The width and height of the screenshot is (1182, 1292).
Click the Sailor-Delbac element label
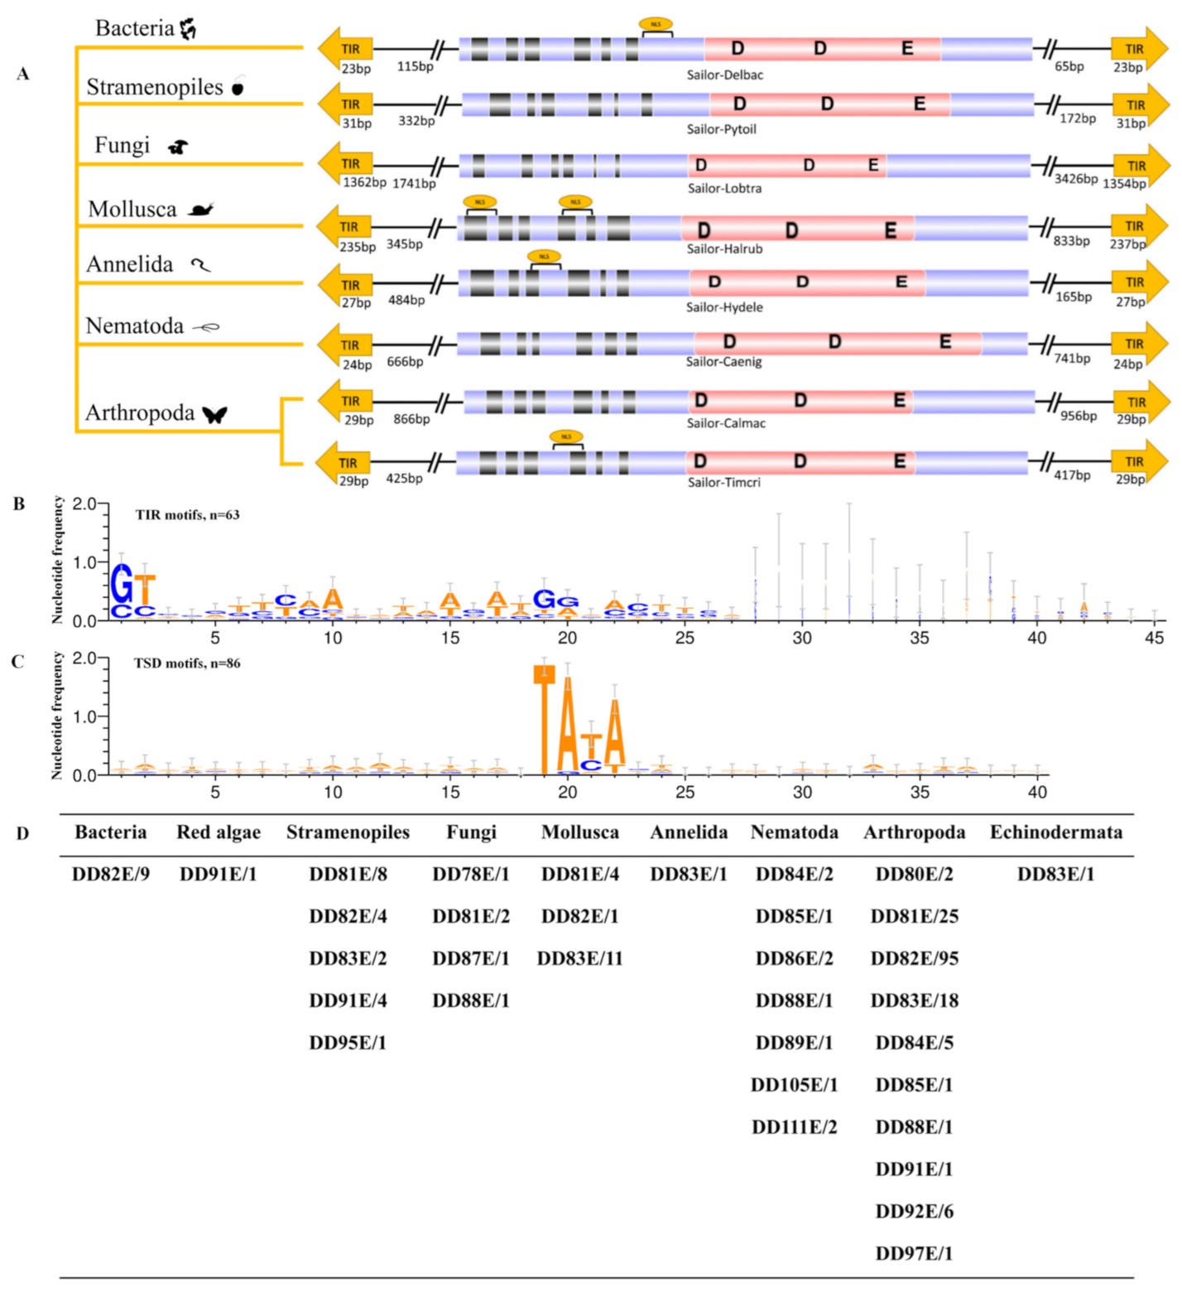pos(724,75)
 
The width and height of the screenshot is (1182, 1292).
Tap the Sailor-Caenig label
pos(723,362)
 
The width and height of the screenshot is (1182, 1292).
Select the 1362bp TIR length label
pos(364,183)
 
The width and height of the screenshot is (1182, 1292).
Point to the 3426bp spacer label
pos(1075,179)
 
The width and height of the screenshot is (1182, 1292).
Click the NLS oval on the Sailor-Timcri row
pos(566,436)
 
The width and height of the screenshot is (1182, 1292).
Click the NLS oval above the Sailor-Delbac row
pos(656,25)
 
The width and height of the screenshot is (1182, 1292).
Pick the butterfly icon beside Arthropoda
pos(215,413)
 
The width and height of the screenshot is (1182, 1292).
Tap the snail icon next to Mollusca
pos(200,210)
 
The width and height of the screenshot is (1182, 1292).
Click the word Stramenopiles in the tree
pos(155,88)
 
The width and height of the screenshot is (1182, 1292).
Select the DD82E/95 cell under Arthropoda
pos(914,959)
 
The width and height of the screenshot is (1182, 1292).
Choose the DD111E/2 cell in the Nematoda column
pos(794,1127)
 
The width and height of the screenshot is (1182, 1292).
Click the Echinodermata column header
pos(1055,832)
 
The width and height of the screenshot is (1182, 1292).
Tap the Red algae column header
pos(219,832)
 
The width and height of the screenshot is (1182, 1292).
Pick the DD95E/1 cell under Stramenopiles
pos(348,1043)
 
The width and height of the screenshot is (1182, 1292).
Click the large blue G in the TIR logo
pos(122,585)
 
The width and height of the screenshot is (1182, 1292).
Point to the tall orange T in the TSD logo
pos(544,719)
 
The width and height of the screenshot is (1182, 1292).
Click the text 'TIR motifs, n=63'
pos(187,515)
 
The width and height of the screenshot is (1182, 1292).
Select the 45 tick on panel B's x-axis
pos(1154,638)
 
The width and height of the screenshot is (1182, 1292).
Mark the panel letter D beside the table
pos(22,833)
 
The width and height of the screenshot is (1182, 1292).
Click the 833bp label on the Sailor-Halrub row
pos(1071,241)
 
